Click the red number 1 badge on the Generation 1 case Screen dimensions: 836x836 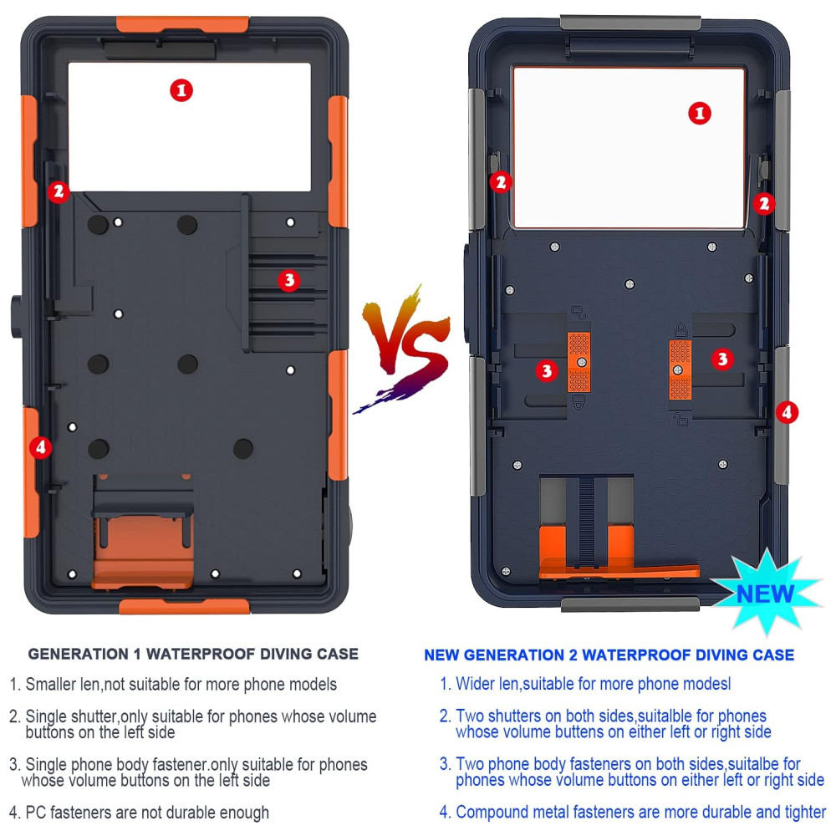(x=181, y=90)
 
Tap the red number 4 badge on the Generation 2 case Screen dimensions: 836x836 (x=787, y=412)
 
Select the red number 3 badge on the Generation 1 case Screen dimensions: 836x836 (x=289, y=280)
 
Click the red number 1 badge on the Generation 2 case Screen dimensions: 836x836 (x=700, y=113)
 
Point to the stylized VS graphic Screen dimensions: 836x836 (x=403, y=347)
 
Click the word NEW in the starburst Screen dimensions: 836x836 (x=765, y=594)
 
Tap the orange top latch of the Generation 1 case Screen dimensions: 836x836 (x=182, y=23)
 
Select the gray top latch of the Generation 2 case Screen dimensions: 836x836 (x=630, y=22)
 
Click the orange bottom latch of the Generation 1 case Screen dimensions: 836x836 (x=185, y=606)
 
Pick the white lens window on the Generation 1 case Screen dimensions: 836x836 (x=189, y=127)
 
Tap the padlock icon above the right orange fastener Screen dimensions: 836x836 (x=681, y=330)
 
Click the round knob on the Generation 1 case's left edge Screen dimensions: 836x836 (x=16, y=316)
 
